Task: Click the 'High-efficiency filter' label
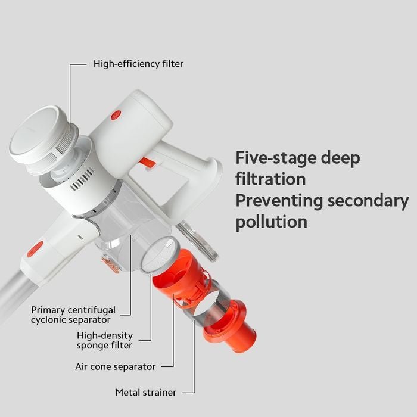[x=138, y=64]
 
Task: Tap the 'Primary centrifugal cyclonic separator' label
[x=73, y=315]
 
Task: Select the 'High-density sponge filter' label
[x=105, y=340]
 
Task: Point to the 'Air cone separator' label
[x=115, y=366]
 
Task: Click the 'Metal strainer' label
[x=146, y=392]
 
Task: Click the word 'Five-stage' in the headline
[x=275, y=158]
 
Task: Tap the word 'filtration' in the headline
[x=270, y=179]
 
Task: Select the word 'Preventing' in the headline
[x=279, y=201]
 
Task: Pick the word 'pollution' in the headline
[x=271, y=222]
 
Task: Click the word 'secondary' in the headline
[x=368, y=201]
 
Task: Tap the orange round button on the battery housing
[x=116, y=115]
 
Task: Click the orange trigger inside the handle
[x=146, y=163]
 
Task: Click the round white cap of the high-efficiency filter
[x=35, y=132]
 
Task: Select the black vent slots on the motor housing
[x=82, y=179]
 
